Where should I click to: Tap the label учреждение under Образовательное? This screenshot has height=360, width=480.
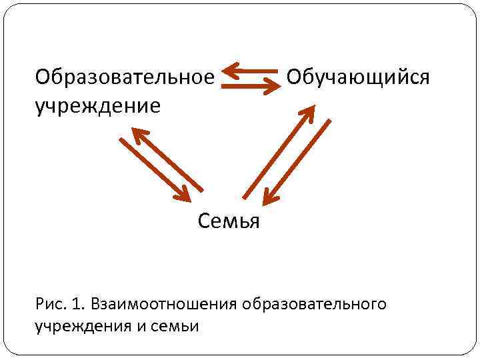98,105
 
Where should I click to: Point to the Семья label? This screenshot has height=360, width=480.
229,221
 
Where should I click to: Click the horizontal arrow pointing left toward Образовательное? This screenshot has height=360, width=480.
250,69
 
